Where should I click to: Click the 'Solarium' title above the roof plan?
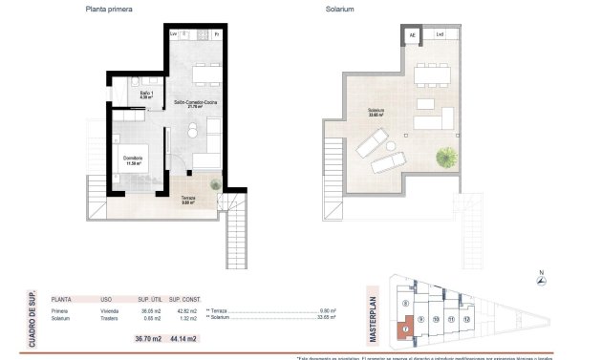pyautogui.click(x=339, y=10)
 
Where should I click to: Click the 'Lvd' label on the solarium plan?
pyautogui.click(x=440, y=34)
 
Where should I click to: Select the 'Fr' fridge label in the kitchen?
pyautogui.click(x=217, y=34)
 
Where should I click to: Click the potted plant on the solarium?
pyautogui.click(x=446, y=156)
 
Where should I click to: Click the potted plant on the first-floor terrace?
pyautogui.click(x=215, y=180)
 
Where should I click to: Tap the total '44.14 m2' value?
pyautogui.click(x=183, y=338)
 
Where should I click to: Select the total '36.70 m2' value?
pyautogui.click(x=149, y=338)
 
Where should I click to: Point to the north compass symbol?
pyautogui.click(x=543, y=279)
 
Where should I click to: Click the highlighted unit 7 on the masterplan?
pyautogui.click(x=406, y=331)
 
